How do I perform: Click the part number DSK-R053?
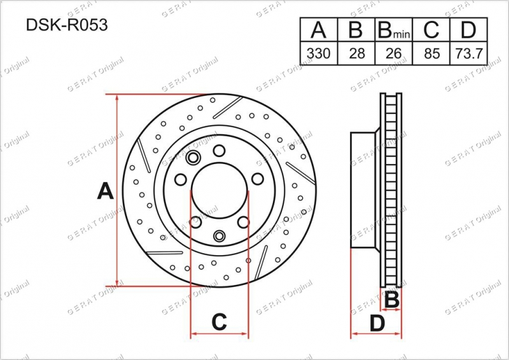pos(67,25)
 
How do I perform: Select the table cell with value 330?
pos(319,53)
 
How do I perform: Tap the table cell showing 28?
pos(356,53)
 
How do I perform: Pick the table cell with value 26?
pos(394,53)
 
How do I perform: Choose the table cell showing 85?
pos(431,53)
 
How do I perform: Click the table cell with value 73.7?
pos(468,53)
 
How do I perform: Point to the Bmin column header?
pos(394,30)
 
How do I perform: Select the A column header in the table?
pos(319,30)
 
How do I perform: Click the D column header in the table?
pos(468,30)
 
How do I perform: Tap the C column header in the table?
pos(431,30)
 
